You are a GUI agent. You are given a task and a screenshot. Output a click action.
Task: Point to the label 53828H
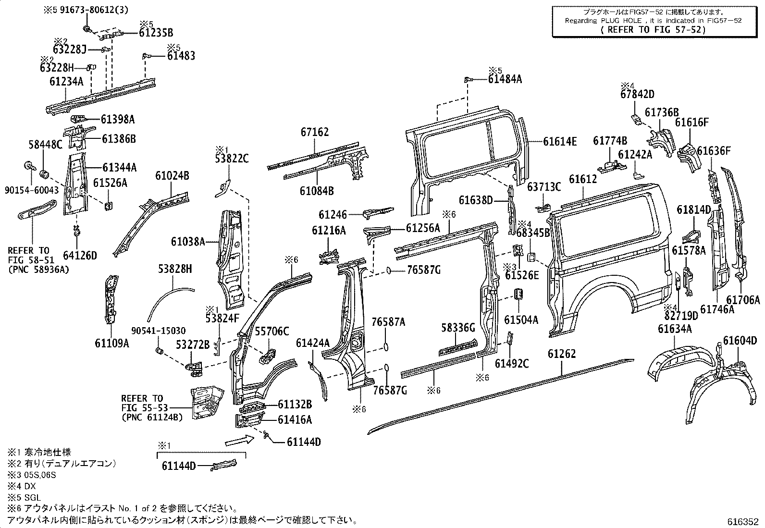click(x=175, y=269)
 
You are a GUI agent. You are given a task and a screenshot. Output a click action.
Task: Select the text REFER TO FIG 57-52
click(x=653, y=29)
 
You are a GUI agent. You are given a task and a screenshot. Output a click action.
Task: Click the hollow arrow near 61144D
click(x=239, y=440)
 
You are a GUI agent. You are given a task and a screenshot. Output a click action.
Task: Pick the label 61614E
click(x=560, y=141)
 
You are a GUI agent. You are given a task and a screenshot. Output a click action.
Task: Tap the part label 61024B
click(x=172, y=176)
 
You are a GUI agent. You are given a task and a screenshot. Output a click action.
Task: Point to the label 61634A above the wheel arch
click(x=675, y=329)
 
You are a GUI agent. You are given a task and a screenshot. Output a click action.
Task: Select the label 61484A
click(x=505, y=79)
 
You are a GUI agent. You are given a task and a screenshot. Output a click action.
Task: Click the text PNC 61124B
click(x=152, y=417)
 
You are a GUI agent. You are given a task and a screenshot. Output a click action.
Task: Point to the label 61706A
click(x=743, y=300)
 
